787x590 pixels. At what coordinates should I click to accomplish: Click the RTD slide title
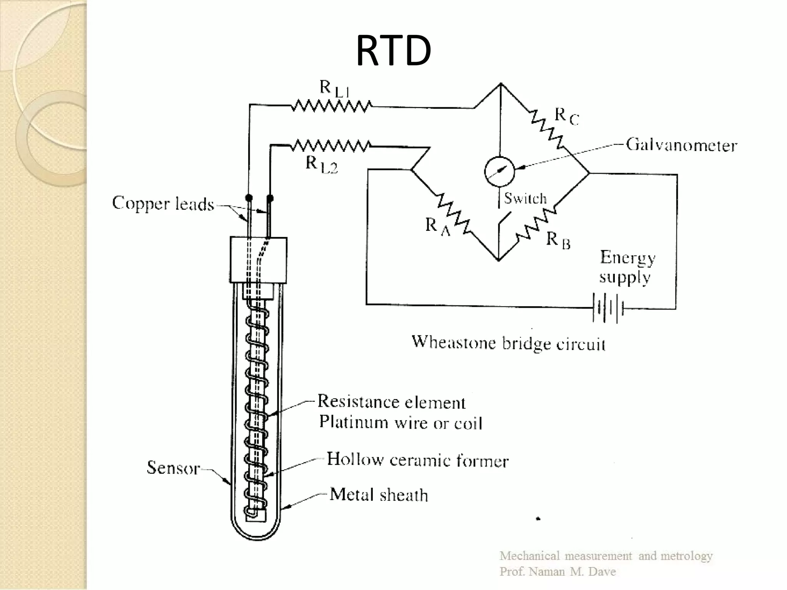pyautogui.click(x=393, y=50)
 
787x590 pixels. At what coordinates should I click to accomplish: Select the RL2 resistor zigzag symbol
pyautogui.click(x=330, y=146)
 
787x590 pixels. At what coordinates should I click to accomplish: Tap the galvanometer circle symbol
pyautogui.click(x=499, y=172)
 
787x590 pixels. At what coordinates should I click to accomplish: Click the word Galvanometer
pyautogui.click(x=681, y=145)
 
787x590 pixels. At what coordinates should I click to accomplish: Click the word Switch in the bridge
pyautogui.click(x=525, y=198)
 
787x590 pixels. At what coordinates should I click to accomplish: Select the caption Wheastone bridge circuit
pyautogui.click(x=508, y=342)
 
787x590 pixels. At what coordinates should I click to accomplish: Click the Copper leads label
pyautogui.click(x=163, y=204)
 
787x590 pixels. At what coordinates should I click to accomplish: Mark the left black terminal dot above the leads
pyautogui.click(x=249, y=198)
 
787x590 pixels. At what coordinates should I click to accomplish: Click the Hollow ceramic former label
pyautogui.click(x=417, y=460)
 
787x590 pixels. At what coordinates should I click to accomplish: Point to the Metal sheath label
pyautogui.click(x=379, y=495)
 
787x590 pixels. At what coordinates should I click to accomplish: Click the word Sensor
pyautogui.click(x=173, y=468)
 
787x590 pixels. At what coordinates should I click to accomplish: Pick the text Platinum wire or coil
pyautogui.click(x=400, y=423)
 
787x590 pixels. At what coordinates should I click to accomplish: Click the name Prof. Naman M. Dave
pyautogui.click(x=557, y=572)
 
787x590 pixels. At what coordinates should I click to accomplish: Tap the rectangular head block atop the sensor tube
pyautogui.click(x=258, y=260)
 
